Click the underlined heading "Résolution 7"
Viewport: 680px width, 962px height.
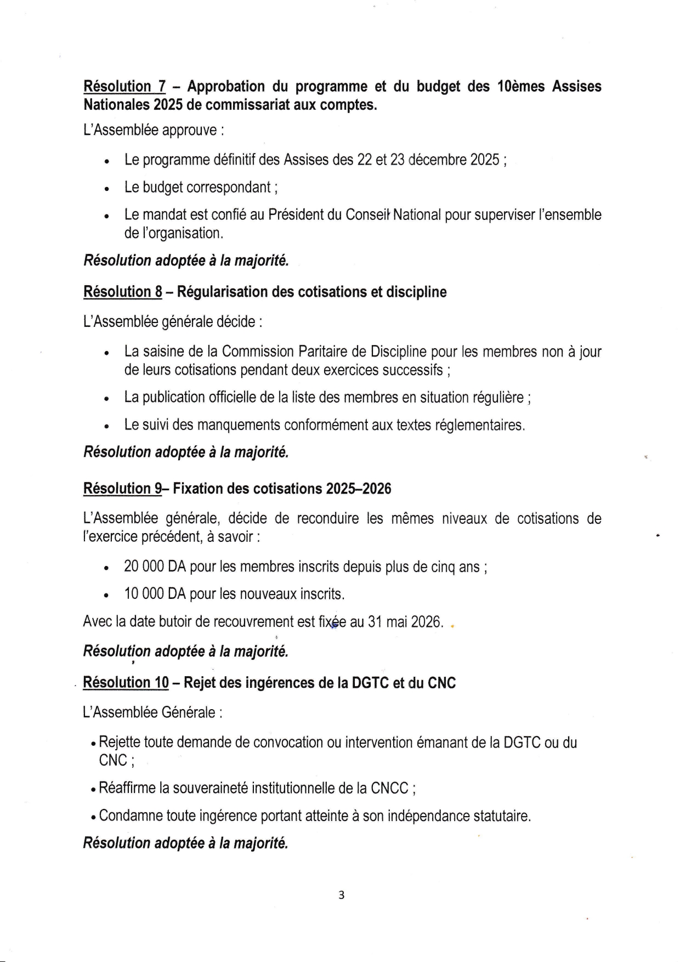124,87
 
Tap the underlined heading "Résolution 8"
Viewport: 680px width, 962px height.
122,292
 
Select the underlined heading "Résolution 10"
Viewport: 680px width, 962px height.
126,683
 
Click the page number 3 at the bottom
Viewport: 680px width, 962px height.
341,895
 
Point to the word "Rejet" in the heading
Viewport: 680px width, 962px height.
201,683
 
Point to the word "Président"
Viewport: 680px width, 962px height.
296,215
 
